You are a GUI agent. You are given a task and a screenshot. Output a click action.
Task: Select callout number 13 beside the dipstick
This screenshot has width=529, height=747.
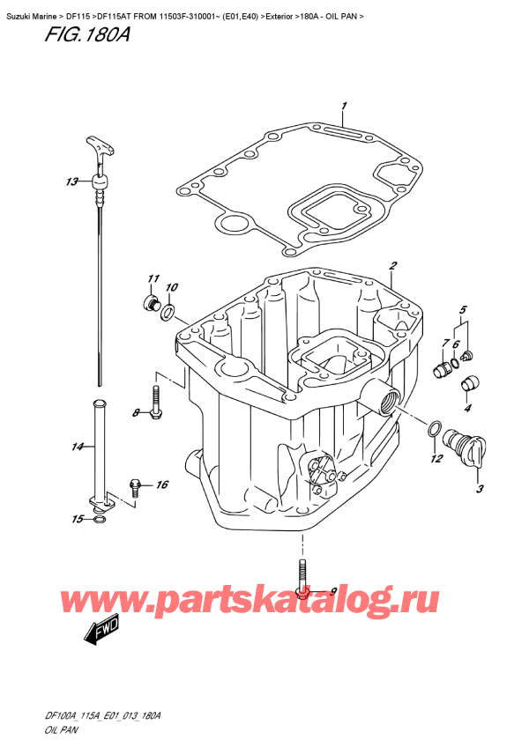tap(71, 182)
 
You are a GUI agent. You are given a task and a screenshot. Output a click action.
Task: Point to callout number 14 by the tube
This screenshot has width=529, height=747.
tap(77, 447)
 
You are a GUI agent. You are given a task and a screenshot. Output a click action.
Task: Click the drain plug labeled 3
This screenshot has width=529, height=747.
tap(462, 445)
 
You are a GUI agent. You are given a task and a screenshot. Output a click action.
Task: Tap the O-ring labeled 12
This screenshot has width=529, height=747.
tap(433, 429)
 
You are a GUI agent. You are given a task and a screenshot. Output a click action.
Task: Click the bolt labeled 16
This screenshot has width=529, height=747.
tap(135, 485)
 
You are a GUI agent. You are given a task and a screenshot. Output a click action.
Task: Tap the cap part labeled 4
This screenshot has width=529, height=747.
tap(470, 382)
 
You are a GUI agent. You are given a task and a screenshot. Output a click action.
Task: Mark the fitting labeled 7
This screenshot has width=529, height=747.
tap(440, 367)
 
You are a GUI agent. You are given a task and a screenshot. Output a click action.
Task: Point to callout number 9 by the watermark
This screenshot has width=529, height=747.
tap(332, 591)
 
